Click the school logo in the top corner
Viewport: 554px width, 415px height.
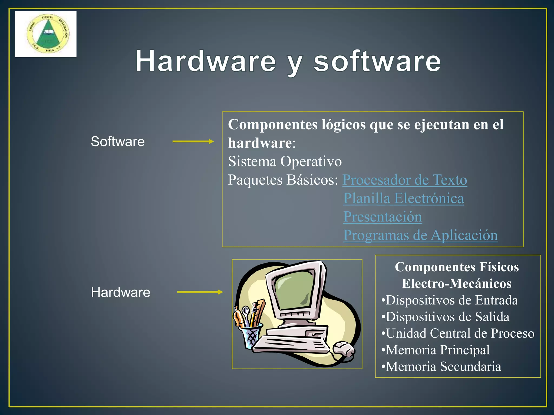[46, 34]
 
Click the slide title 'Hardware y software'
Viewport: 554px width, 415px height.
[288, 61]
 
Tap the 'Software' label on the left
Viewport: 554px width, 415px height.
[118, 141]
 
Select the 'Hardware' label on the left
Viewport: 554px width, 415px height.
[121, 292]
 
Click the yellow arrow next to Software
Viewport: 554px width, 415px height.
[193, 141]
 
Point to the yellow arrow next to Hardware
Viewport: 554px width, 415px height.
[200, 292]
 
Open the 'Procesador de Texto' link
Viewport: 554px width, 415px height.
[405, 180]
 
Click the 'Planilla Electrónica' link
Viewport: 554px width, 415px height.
[404, 198]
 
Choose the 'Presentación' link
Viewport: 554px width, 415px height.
[382, 217]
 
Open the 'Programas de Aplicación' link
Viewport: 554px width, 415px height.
[420, 235]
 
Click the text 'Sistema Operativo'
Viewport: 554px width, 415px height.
[285, 162]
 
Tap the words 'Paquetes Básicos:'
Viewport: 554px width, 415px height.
[283, 180]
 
